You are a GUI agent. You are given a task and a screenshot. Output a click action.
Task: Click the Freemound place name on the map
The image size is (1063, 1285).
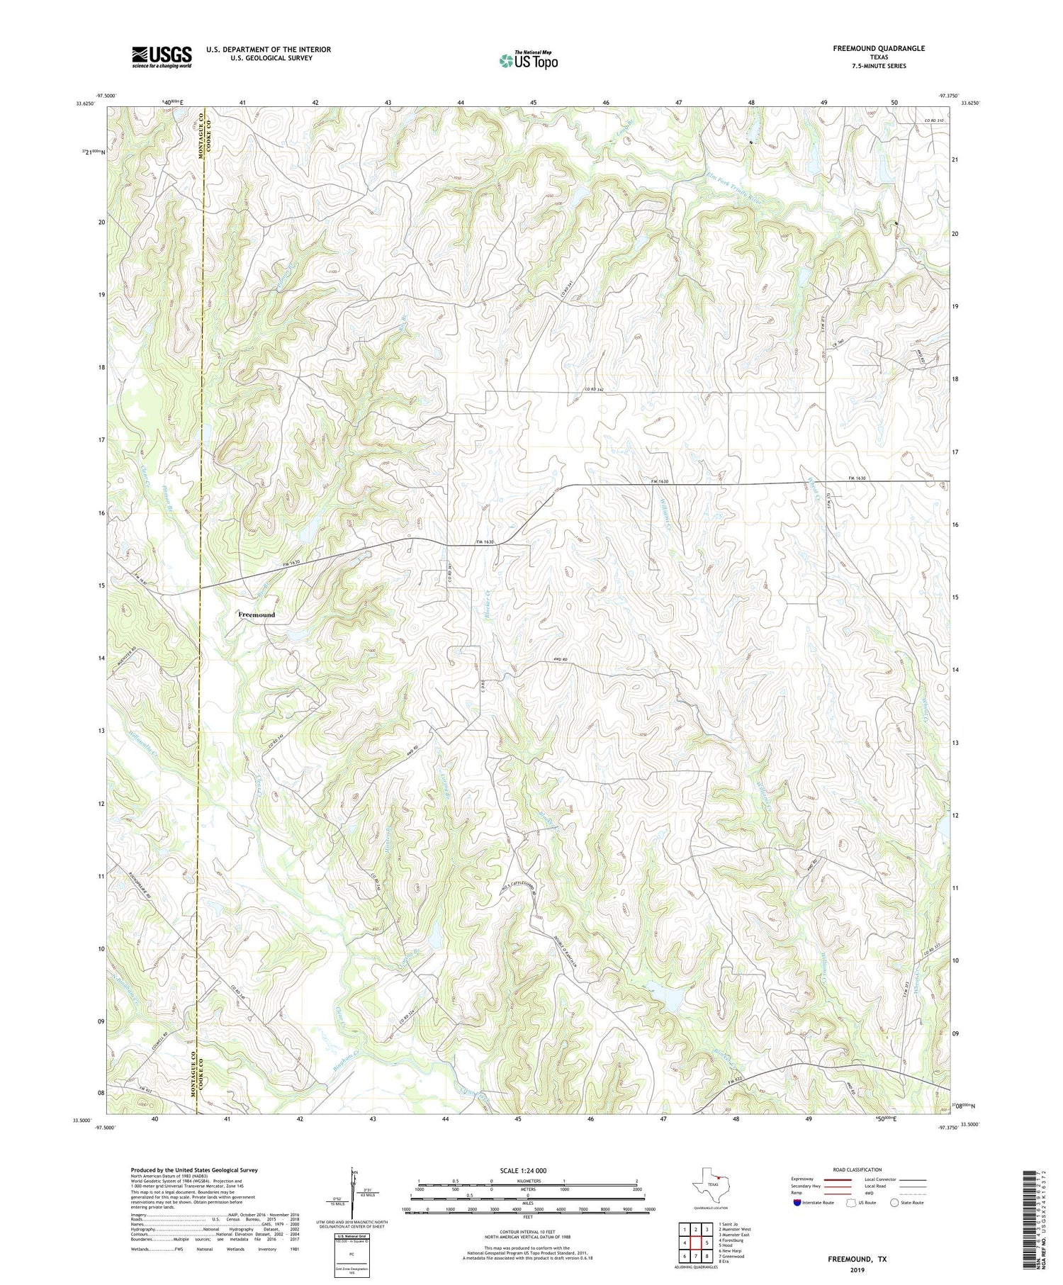point(256,615)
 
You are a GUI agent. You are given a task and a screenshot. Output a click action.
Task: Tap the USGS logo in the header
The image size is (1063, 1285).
point(162,57)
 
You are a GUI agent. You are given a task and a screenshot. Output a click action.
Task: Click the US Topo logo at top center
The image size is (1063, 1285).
point(528,61)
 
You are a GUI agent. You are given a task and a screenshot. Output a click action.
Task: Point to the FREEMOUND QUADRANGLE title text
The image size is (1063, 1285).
point(879,48)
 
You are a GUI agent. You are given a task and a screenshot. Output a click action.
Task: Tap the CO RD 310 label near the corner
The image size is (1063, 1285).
point(934,121)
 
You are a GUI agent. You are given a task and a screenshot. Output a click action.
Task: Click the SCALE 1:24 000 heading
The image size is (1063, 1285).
point(523,1171)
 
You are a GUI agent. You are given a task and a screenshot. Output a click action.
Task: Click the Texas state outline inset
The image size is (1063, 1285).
point(709,1183)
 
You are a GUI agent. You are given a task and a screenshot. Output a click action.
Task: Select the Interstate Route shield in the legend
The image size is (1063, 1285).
point(797,1203)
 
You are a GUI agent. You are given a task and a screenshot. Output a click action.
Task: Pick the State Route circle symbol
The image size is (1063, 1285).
point(895,1203)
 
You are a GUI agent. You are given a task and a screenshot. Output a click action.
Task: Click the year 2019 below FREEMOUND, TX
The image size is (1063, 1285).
point(857,1269)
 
